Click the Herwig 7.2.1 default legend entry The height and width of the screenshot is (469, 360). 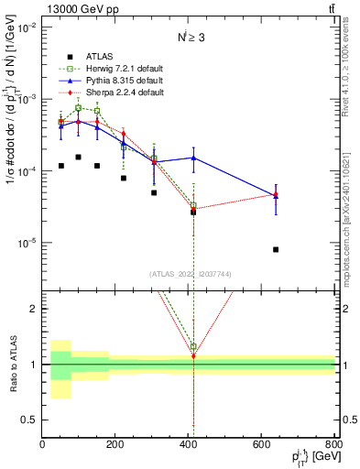pyautogui.click(x=115, y=69)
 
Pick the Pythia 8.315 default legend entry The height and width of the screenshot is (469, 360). pyautogui.click(x=115, y=81)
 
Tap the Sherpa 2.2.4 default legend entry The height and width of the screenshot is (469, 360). pyautogui.click(x=115, y=93)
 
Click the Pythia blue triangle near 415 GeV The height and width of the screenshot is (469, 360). pyautogui.click(x=193, y=158)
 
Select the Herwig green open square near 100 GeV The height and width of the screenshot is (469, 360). pyautogui.click(x=79, y=107)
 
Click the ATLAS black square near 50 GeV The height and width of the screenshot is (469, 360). pyautogui.click(x=60, y=166)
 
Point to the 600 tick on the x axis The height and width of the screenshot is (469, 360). pyautogui.click(x=262, y=444)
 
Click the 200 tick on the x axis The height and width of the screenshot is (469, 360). pyautogui.click(x=115, y=444)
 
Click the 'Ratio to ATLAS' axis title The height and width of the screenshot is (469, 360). pyautogui.click(x=11, y=365)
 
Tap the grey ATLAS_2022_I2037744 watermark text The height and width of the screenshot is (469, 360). pyautogui.click(x=189, y=273)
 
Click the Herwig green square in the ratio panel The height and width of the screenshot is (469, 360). pyautogui.click(x=193, y=347)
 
